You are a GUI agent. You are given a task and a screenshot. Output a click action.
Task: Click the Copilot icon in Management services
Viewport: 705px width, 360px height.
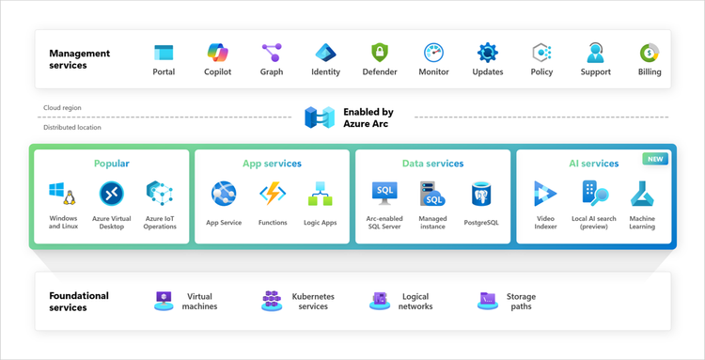tap(218, 52)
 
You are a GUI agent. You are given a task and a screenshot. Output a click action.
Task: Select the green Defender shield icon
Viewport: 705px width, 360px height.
tap(380, 52)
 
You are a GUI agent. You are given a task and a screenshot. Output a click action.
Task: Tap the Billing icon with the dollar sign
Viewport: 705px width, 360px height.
tap(649, 52)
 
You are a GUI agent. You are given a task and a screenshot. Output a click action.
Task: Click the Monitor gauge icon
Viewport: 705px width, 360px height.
tap(433, 52)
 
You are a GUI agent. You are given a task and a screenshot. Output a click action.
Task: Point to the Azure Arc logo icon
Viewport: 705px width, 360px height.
tap(319, 117)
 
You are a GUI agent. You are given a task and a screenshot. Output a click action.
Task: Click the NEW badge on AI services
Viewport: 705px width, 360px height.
tap(655, 159)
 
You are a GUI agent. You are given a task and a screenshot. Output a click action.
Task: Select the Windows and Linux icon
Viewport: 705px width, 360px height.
tap(62, 195)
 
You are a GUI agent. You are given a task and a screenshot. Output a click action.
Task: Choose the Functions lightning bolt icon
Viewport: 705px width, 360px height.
tap(273, 194)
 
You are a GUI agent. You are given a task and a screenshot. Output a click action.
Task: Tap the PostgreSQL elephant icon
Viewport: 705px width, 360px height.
tap(482, 195)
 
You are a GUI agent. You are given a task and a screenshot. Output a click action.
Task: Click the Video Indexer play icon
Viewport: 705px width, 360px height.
tap(545, 194)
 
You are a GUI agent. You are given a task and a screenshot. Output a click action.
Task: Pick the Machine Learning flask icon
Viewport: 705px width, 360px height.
tap(643, 194)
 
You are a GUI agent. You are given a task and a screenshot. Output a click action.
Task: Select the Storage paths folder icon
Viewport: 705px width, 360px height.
tap(487, 301)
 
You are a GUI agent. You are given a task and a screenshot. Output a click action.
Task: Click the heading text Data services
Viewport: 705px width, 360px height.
tap(432, 164)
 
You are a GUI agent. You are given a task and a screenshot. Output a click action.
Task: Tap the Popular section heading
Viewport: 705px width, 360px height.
tap(112, 164)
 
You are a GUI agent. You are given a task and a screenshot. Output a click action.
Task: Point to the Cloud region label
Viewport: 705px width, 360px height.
tap(62, 108)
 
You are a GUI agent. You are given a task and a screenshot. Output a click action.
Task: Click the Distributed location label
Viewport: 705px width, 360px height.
tap(71, 127)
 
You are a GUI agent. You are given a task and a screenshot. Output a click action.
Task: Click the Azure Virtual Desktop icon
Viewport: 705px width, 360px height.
tap(112, 194)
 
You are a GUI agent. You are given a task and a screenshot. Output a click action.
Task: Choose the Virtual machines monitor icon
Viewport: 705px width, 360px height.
tap(164, 301)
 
